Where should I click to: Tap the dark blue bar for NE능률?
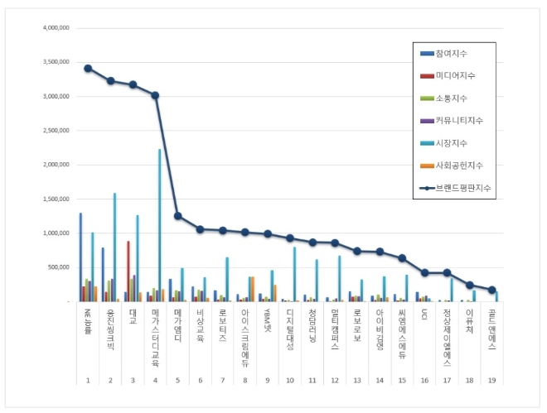tap(80, 257)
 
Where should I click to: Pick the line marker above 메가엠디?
tap(177, 216)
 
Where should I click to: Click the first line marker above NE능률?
tap(88, 68)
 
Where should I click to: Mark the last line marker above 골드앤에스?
tap(491, 290)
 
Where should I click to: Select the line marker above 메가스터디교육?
tap(155, 95)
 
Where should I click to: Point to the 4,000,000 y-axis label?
tap(53, 27)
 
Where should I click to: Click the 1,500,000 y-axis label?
tap(53, 199)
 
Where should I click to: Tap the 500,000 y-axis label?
tap(56, 267)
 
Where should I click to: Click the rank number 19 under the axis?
tap(492, 381)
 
